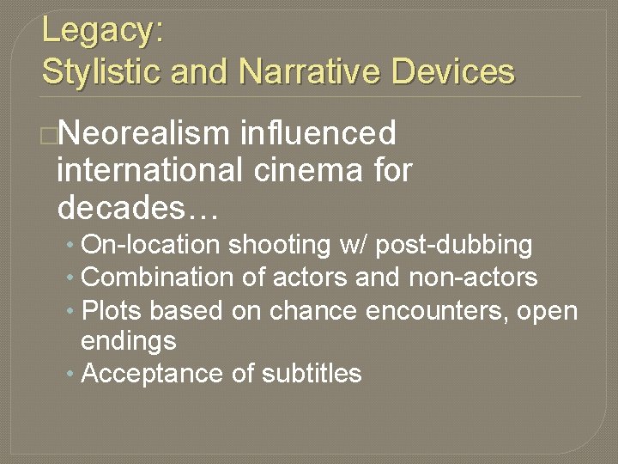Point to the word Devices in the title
[453, 71]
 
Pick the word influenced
[319, 134]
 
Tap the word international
[149, 171]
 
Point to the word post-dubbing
[455, 245]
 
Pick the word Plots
[106, 310]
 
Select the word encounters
[437, 310]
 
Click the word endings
[129, 341]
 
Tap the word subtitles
[312, 374]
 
